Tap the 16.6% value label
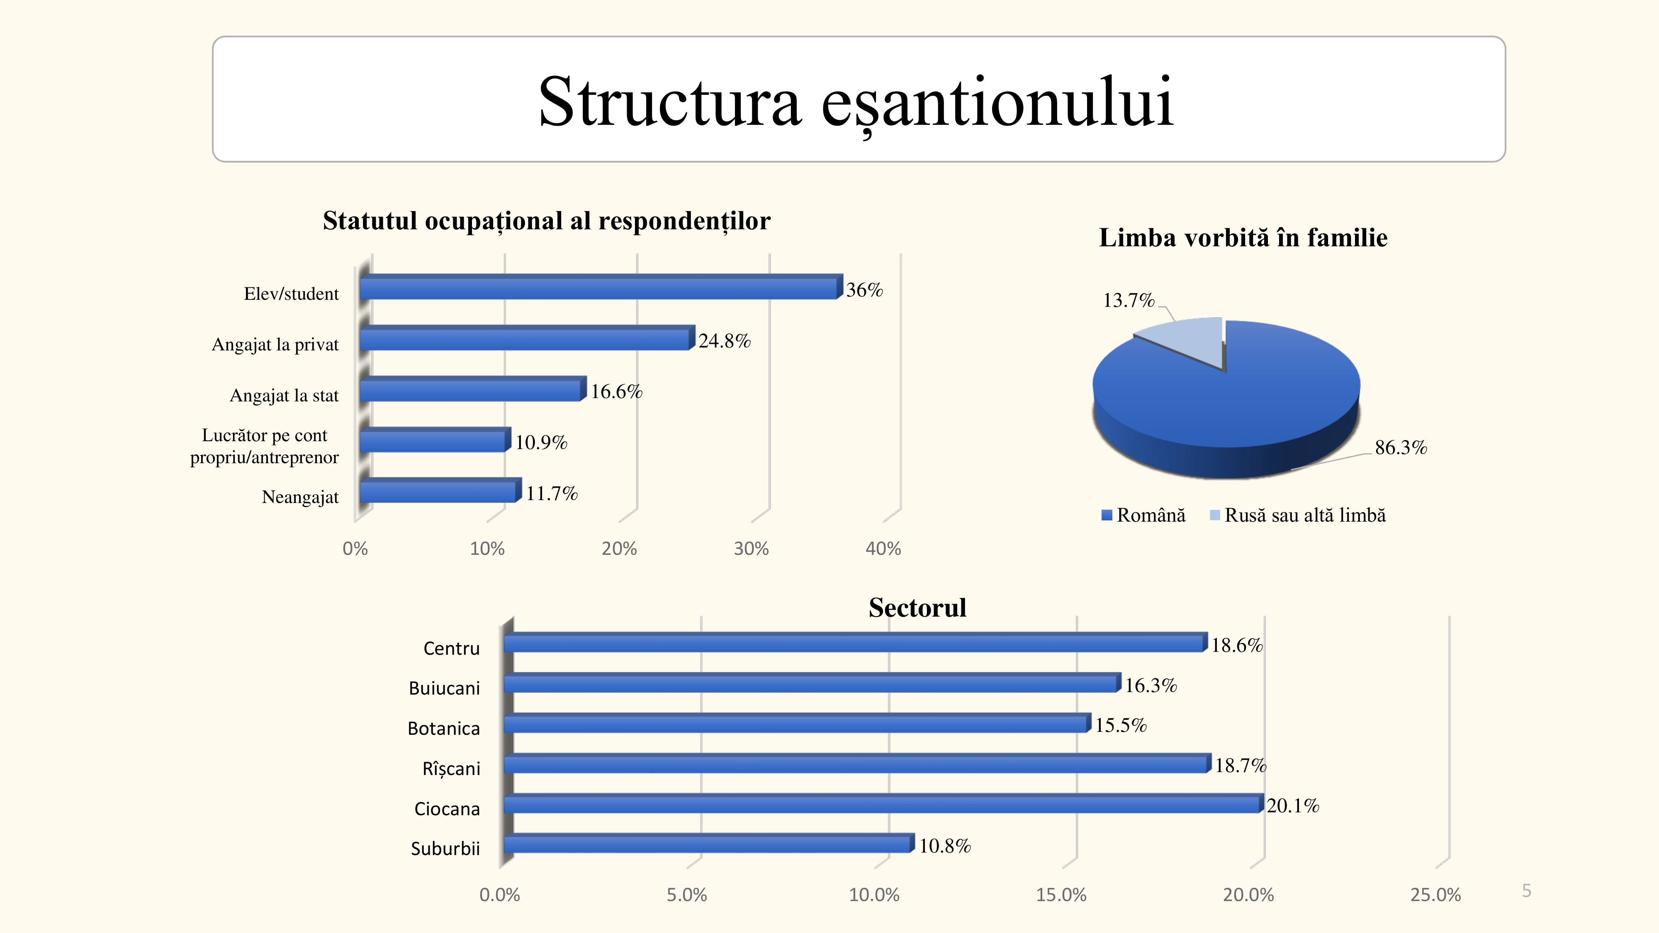tap(616, 391)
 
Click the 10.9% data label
tap(541, 442)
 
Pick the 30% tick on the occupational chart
tap(751, 549)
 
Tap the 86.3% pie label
tap(1401, 447)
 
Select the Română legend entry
tap(1144, 515)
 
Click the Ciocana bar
tap(882, 804)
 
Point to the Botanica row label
tap(444, 728)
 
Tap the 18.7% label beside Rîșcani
tap(1241, 765)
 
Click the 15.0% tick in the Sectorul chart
tap(1061, 895)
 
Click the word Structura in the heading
tap(670, 102)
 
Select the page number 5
tap(1526, 891)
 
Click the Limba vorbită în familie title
tap(1243, 238)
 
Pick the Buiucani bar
tap(812, 684)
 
